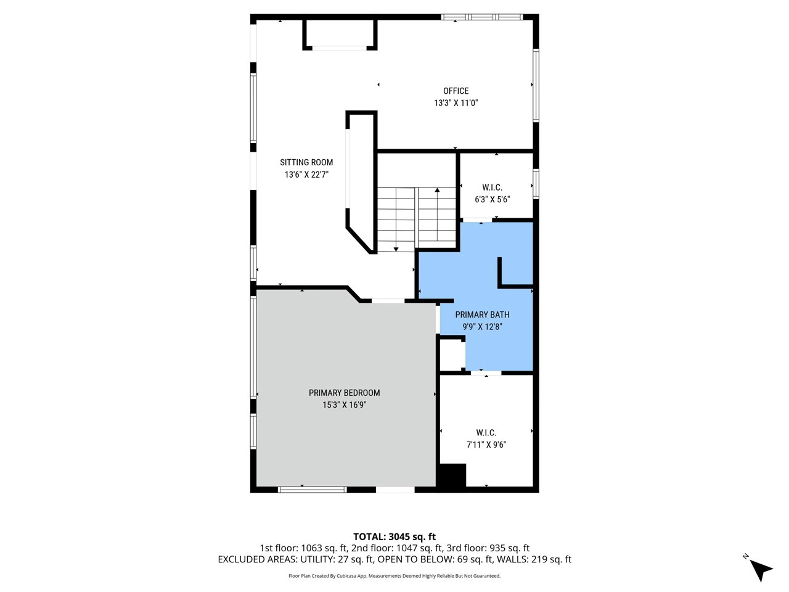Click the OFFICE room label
pyautogui.click(x=456, y=91)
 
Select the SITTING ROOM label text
pyautogui.click(x=306, y=162)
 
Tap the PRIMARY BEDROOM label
pyautogui.click(x=344, y=393)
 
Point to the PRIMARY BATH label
pyautogui.click(x=482, y=315)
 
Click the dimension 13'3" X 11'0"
pyautogui.click(x=456, y=103)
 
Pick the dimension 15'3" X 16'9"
pyautogui.click(x=344, y=405)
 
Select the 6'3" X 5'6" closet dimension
pyautogui.click(x=492, y=199)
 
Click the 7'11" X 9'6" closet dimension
pyautogui.click(x=486, y=445)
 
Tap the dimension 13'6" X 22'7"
pyautogui.click(x=306, y=175)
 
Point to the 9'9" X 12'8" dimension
pyautogui.click(x=482, y=327)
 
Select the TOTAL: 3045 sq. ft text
pyautogui.click(x=394, y=536)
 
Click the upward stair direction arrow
pyautogui.click(x=437, y=214)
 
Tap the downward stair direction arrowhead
pyautogui.click(x=396, y=249)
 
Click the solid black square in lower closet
pyautogui.click(x=451, y=475)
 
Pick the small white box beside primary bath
pyautogui.click(x=451, y=355)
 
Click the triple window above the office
pyautogui.click(x=482, y=17)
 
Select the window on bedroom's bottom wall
pyautogui.click(x=313, y=490)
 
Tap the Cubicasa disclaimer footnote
pyautogui.click(x=394, y=576)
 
